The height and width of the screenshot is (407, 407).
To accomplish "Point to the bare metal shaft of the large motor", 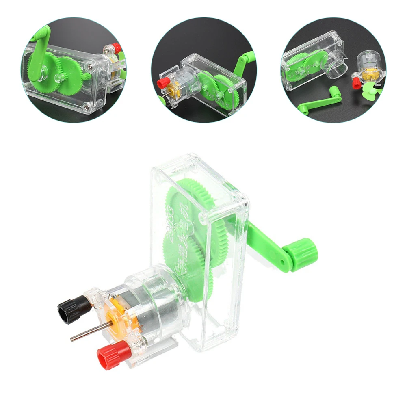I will pos(87,333).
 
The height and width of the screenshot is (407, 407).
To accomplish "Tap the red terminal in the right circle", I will pos(356,84).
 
